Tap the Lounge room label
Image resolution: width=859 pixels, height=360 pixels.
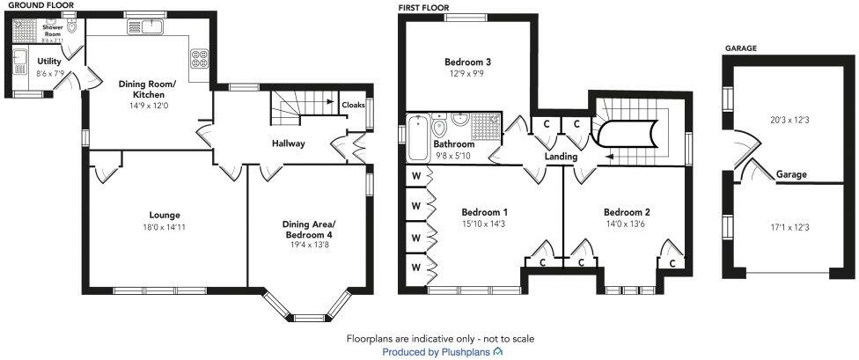pos(165,215)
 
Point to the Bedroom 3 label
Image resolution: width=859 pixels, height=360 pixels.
pos(466,62)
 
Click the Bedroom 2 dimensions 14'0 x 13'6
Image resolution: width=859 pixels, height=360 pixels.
pos(627,224)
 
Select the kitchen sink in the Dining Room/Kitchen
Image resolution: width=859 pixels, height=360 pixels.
pos(143,27)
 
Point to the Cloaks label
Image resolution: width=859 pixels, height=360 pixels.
pos(353,105)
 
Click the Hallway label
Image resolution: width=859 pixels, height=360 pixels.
pos(288,143)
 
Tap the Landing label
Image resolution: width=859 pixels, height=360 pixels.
pos(561,157)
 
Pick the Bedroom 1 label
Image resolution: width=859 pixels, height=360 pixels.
pos(484,212)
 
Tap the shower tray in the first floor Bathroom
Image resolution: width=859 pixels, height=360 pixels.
pos(485,128)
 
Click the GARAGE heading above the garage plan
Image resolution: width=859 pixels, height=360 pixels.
pos(740,49)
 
